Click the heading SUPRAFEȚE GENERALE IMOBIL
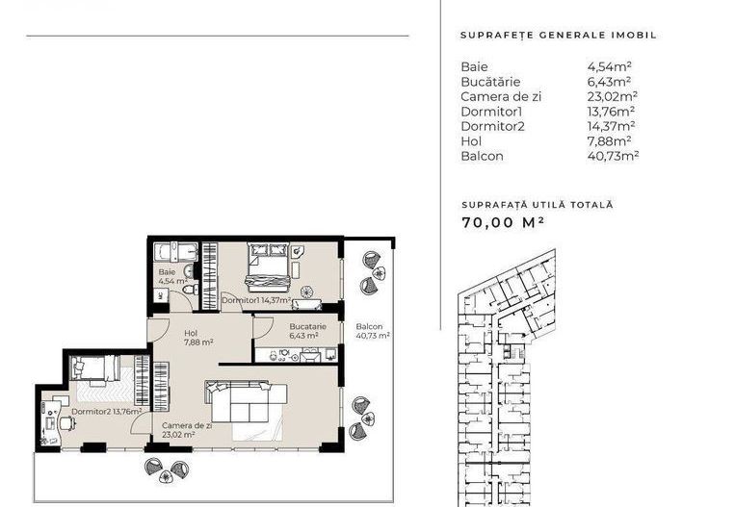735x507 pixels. click(x=558, y=35)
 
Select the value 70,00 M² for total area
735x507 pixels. click(x=503, y=222)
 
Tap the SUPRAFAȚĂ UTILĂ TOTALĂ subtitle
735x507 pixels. click(x=537, y=205)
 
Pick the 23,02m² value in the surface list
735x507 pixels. click(x=612, y=96)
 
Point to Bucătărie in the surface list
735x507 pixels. click(x=491, y=82)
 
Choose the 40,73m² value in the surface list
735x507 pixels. click(x=614, y=155)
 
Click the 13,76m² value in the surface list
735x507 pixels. click(x=612, y=111)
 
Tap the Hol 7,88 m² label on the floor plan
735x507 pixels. click(x=197, y=338)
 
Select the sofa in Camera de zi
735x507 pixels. click(x=246, y=399)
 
